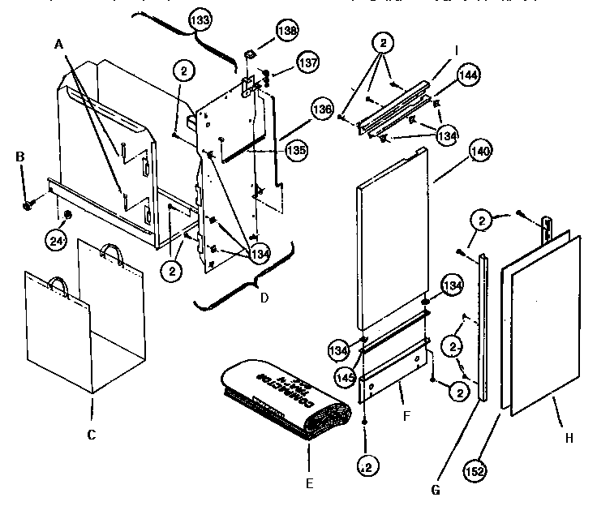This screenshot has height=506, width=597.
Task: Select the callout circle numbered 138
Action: (x=287, y=30)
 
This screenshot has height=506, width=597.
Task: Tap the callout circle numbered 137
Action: (x=285, y=62)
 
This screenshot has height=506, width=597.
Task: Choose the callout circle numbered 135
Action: (x=296, y=149)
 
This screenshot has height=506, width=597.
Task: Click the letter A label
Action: (x=58, y=46)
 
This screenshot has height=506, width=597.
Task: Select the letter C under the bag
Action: (x=92, y=435)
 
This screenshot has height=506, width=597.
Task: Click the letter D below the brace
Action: (x=263, y=298)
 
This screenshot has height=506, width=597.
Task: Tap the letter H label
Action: (x=569, y=438)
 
